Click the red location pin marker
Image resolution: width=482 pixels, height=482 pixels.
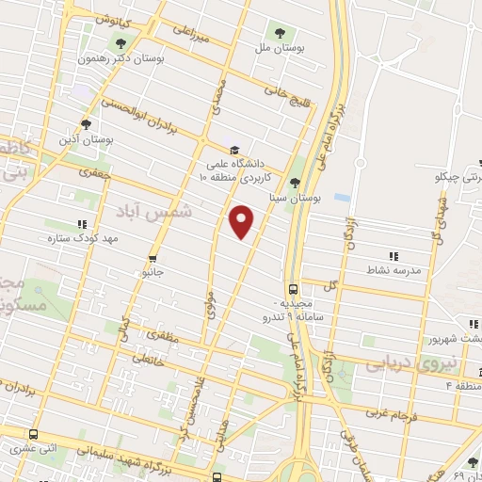tap(242, 221)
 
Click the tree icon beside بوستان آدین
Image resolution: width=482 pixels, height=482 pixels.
tap(86, 123)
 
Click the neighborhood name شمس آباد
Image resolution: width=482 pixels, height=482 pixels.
tap(160, 212)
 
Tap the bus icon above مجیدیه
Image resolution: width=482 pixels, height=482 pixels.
tap(293, 290)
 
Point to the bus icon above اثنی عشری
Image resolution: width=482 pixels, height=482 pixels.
tap(34, 435)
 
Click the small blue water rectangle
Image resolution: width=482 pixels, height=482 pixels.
tap(341, 199)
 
